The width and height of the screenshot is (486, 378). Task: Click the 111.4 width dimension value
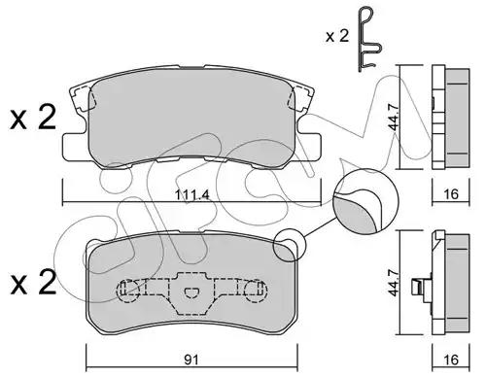192,194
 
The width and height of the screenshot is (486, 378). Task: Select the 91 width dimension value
191,360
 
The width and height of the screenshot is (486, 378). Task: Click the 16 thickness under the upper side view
451,194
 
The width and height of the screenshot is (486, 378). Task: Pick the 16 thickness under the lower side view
451,360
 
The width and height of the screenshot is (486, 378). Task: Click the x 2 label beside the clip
337,36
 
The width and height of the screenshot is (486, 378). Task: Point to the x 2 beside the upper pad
33,118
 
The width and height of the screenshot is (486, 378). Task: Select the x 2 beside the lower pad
33,283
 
